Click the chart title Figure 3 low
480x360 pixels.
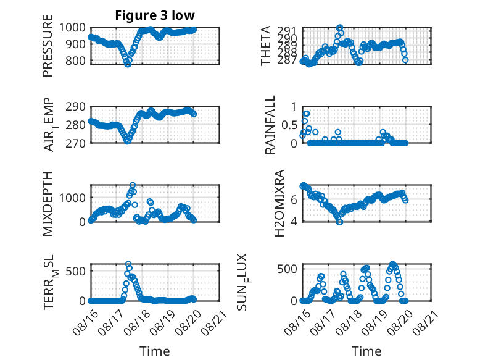pos(155,15)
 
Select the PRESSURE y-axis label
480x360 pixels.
pos(48,46)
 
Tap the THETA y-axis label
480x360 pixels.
pos(266,46)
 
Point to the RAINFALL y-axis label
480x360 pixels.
pos(270,125)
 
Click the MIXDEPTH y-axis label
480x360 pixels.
pos(48,204)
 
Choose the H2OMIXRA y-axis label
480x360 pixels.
pos(279,203)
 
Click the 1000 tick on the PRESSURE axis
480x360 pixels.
pos(72,28)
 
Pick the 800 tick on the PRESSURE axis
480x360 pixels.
pos(76,61)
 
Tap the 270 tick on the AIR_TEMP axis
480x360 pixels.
pos(76,143)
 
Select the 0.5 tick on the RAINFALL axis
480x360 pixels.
pos(289,125)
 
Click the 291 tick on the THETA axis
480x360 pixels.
pos(288,31)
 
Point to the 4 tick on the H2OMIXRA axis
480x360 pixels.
pos(294,221)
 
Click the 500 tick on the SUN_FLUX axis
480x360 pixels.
pos(288,269)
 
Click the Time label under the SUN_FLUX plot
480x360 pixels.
pos(366,351)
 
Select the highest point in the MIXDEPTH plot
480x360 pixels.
pos(133,185)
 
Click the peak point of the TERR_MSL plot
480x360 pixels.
pos(128,264)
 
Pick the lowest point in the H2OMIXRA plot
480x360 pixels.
pos(339,222)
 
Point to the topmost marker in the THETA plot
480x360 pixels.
pos(339,28)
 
